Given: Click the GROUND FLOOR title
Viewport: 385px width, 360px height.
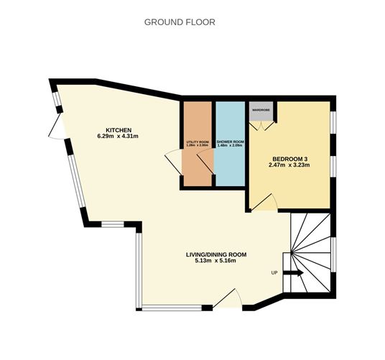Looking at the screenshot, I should [x=180, y=22].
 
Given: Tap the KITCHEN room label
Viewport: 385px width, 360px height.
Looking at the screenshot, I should [x=118, y=129].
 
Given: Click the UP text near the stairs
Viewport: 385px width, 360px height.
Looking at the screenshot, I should [x=274, y=272].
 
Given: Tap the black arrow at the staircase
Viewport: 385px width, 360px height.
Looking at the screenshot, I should [x=292, y=273].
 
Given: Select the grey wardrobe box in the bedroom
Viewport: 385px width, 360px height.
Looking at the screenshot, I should [x=260, y=113].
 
